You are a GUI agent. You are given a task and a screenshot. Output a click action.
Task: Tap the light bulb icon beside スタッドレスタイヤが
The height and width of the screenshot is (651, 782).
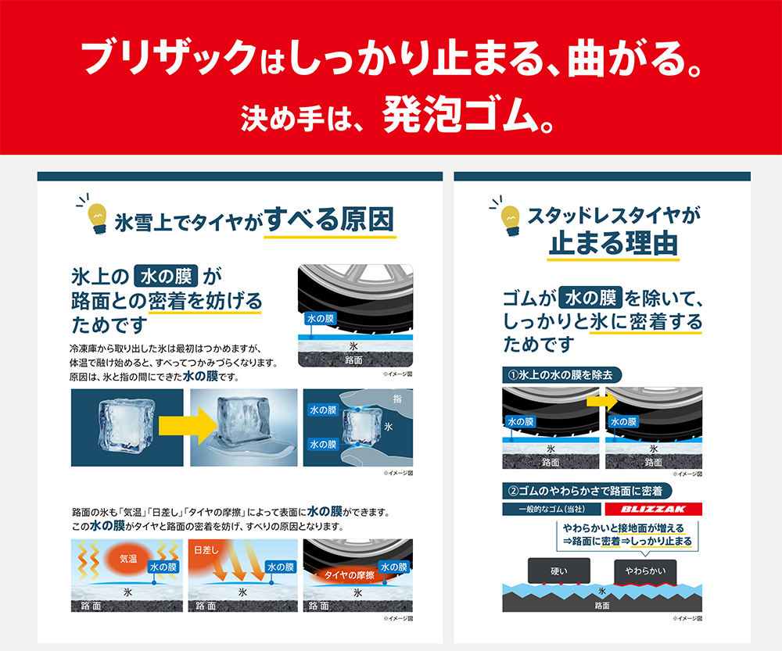[511, 216]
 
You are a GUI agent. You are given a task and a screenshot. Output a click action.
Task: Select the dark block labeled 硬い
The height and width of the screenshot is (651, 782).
[558, 571]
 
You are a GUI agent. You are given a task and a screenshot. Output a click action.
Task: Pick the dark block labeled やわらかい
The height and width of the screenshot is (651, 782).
[645, 571]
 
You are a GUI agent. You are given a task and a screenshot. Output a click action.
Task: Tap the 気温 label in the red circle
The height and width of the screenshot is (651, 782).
[128, 560]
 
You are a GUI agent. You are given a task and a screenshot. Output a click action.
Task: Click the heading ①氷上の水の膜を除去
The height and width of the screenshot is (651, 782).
[559, 374]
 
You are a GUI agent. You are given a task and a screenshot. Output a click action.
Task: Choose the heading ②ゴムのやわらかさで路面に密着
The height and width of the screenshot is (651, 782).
[585, 491]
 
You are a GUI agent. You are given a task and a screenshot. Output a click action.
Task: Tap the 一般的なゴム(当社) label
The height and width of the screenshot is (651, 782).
[547, 510]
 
